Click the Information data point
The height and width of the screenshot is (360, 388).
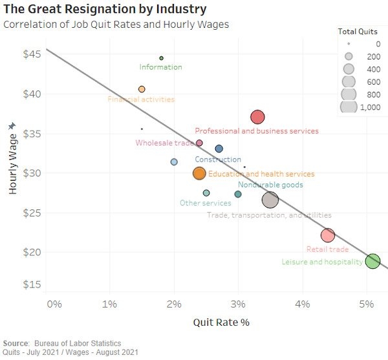coord(162,58)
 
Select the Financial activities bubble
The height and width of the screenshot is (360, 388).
coord(142,89)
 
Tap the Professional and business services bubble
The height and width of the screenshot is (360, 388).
coord(257,117)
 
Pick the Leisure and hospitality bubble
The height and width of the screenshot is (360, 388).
coord(372,261)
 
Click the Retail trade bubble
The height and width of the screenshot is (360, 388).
coord(328,235)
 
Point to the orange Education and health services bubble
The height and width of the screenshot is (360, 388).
coord(199,173)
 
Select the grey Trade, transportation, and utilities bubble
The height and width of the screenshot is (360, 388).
coord(270,200)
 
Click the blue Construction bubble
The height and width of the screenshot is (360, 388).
coord(219,149)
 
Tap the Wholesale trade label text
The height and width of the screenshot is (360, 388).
coord(164,143)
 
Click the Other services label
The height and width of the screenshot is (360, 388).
coord(205,203)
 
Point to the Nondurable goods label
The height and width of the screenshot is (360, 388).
coord(270,185)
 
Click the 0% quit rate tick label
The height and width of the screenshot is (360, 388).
coord(53,304)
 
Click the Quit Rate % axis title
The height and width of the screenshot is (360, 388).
coord(221,322)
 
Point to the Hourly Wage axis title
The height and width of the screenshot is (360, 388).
coord(13,159)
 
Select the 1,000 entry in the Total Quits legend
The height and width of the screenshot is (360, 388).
coord(370,107)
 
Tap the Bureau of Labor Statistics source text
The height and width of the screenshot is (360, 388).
coord(70,343)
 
